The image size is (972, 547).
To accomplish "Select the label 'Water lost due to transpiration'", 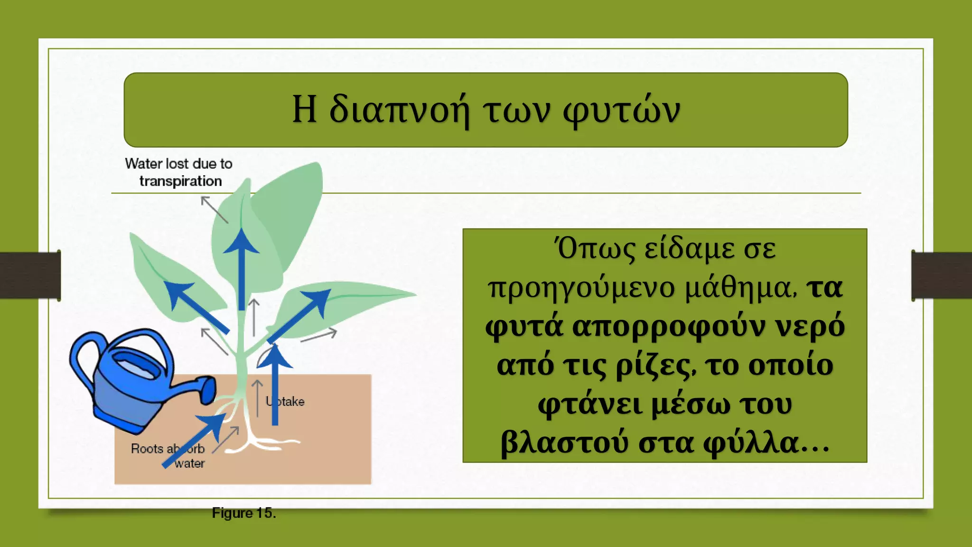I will pyautogui.click(x=179, y=172).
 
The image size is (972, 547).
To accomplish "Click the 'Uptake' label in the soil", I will pyautogui.click(x=285, y=402).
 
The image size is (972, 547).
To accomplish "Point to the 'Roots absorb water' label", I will pyautogui.click(x=168, y=455).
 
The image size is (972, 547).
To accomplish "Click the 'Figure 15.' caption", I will pyautogui.click(x=244, y=513).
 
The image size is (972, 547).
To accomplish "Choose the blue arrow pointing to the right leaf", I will pyautogui.click(x=299, y=315).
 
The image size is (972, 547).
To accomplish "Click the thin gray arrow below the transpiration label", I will pyautogui.click(x=214, y=209).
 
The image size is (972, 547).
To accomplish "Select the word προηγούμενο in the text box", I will pyautogui.click(x=581, y=288).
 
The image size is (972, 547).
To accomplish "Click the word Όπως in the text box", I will pyautogui.click(x=596, y=249).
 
